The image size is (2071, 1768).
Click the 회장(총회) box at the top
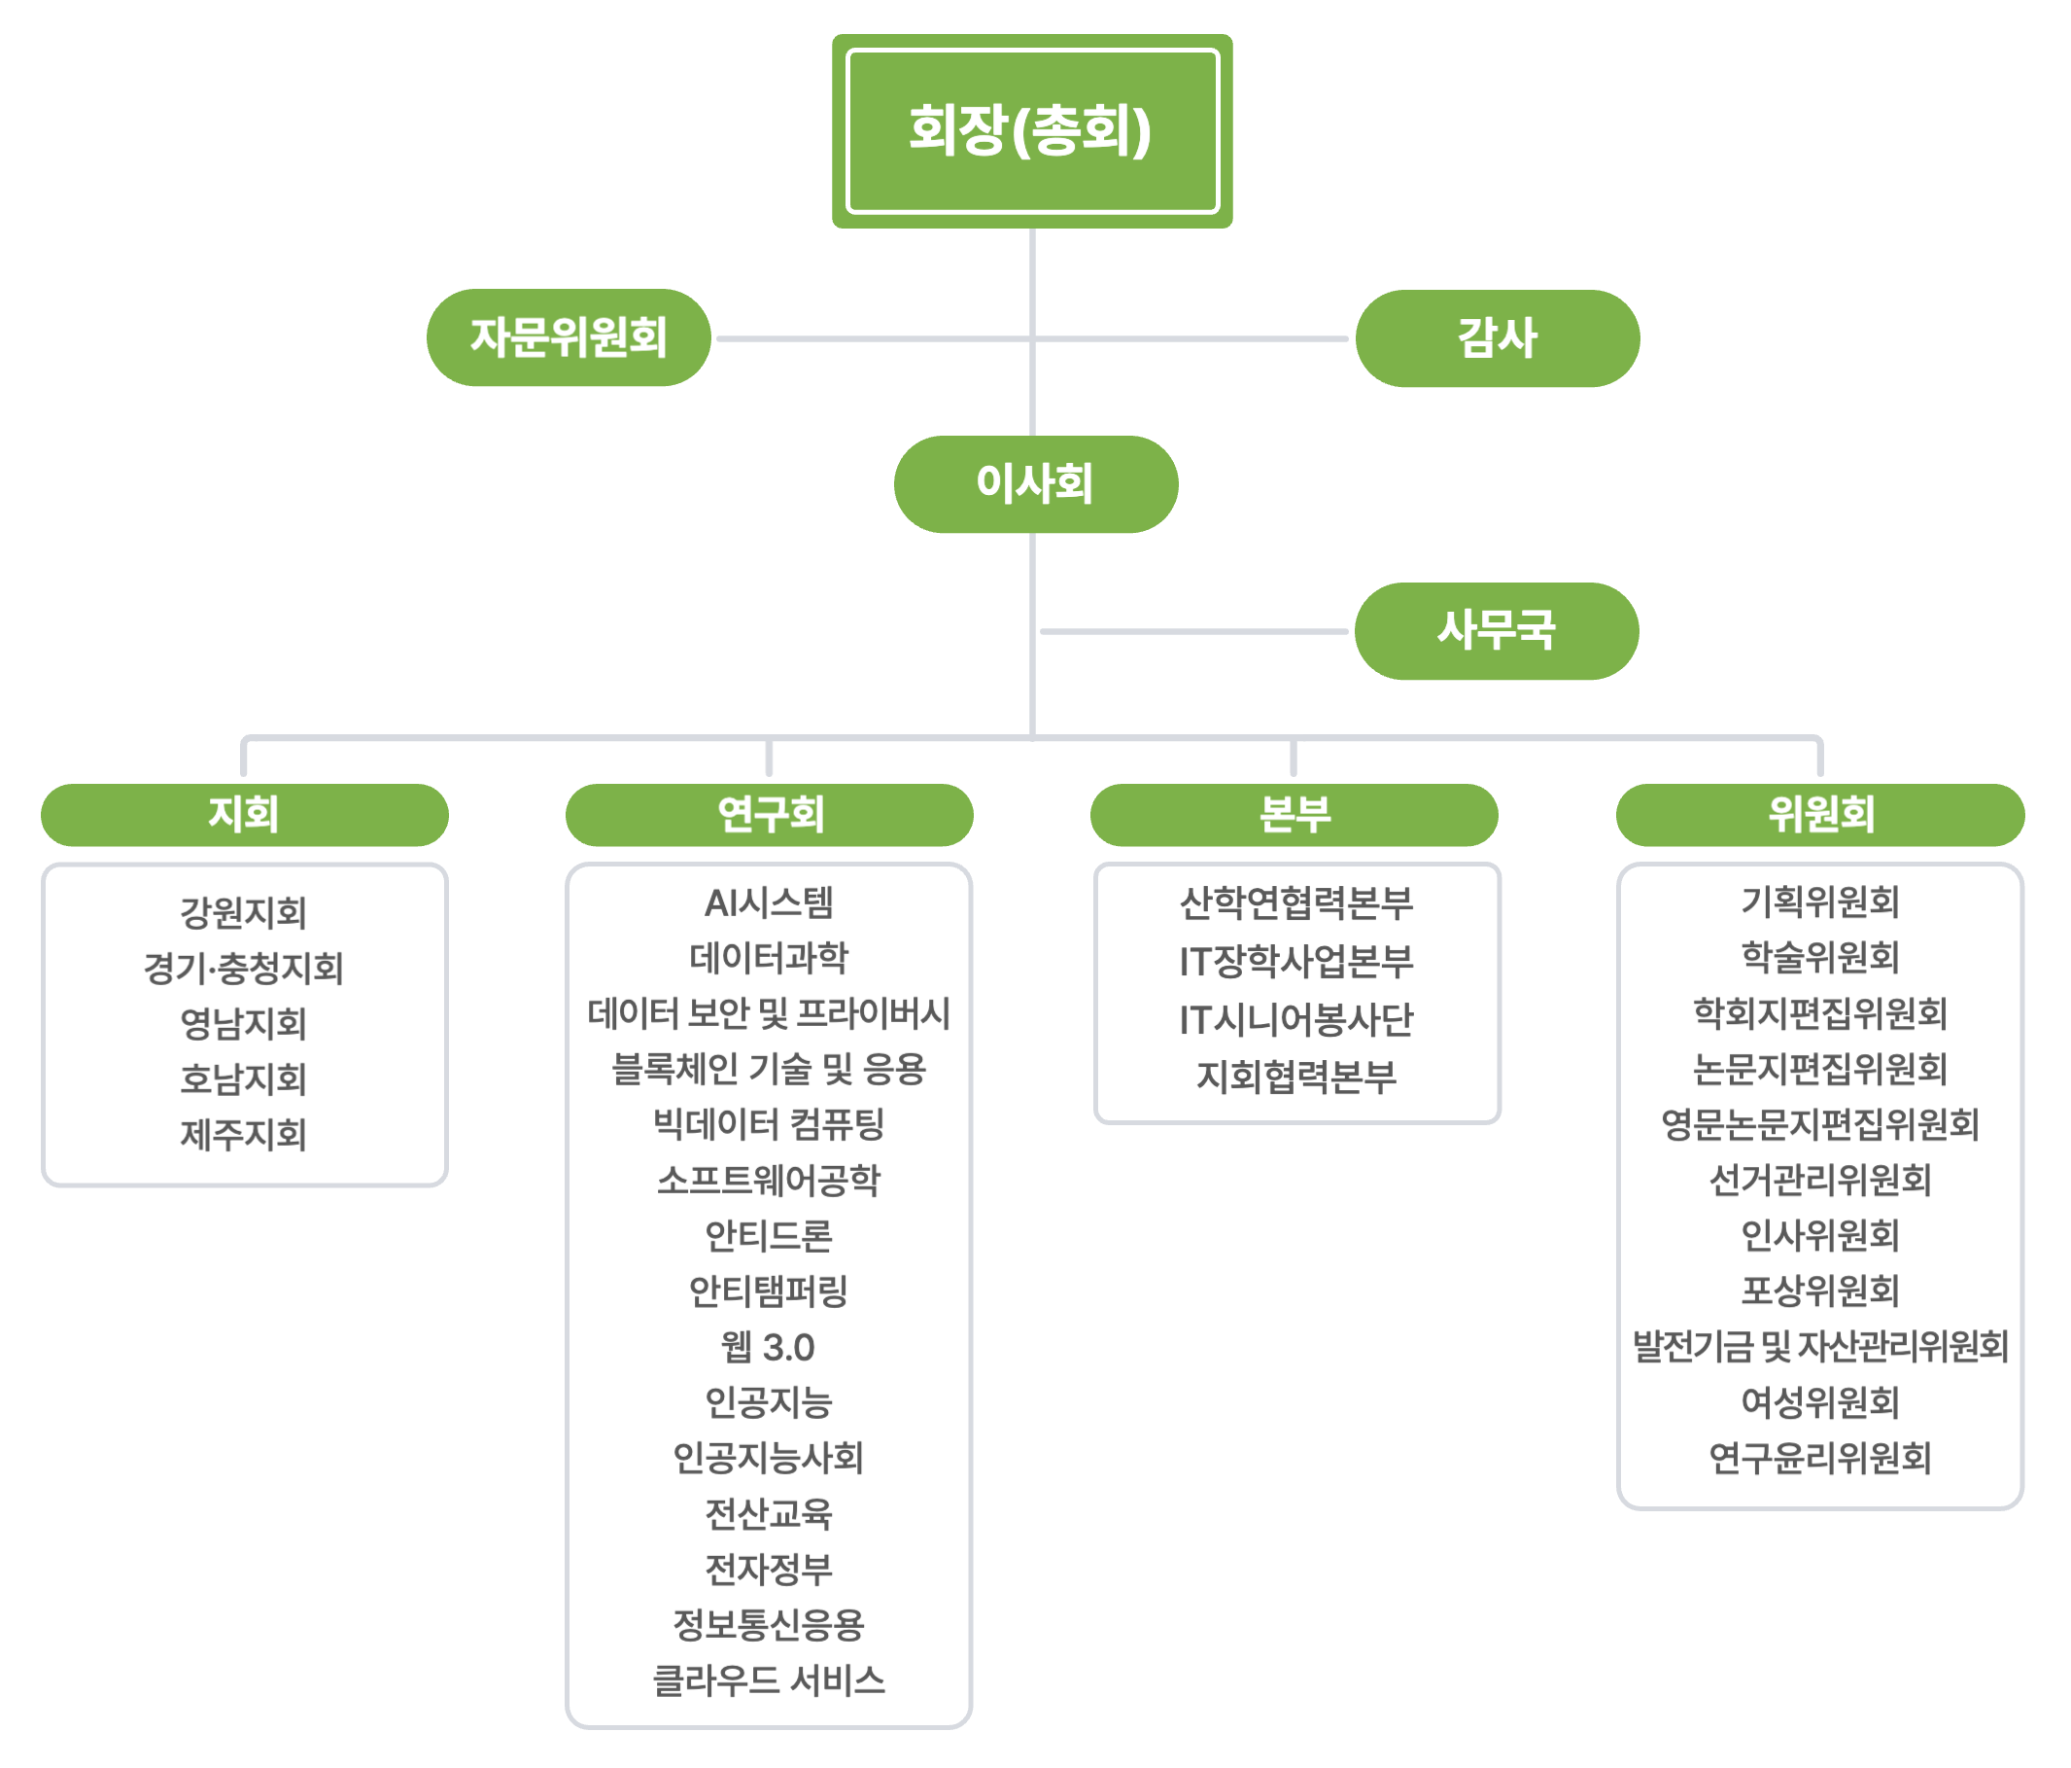[1031, 131]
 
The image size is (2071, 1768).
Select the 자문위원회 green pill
[568, 338]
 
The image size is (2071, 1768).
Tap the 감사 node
[1497, 338]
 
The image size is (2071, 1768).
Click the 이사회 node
[1036, 484]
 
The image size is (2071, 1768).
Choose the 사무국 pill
[1497, 631]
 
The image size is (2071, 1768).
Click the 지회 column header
[244, 815]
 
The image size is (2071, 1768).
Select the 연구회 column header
[769, 815]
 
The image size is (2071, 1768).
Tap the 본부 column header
[1294, 815]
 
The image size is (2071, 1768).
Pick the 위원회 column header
[1820, 815]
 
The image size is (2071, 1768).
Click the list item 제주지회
[244, 1135]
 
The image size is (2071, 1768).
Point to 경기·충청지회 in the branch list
[244, 968]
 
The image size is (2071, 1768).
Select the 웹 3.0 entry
[769, 1347]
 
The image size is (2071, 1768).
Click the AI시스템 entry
[769, 903]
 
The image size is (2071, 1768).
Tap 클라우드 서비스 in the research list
[769, 1680]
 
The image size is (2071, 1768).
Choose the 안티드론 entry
[769, 1236]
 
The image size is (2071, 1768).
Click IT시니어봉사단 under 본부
[1296, 1019]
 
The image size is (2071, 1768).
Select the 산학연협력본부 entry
[1296, 903]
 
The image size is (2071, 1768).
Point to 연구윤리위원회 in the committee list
[1820, 1458]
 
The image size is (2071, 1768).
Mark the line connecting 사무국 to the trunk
[1194, 632]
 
